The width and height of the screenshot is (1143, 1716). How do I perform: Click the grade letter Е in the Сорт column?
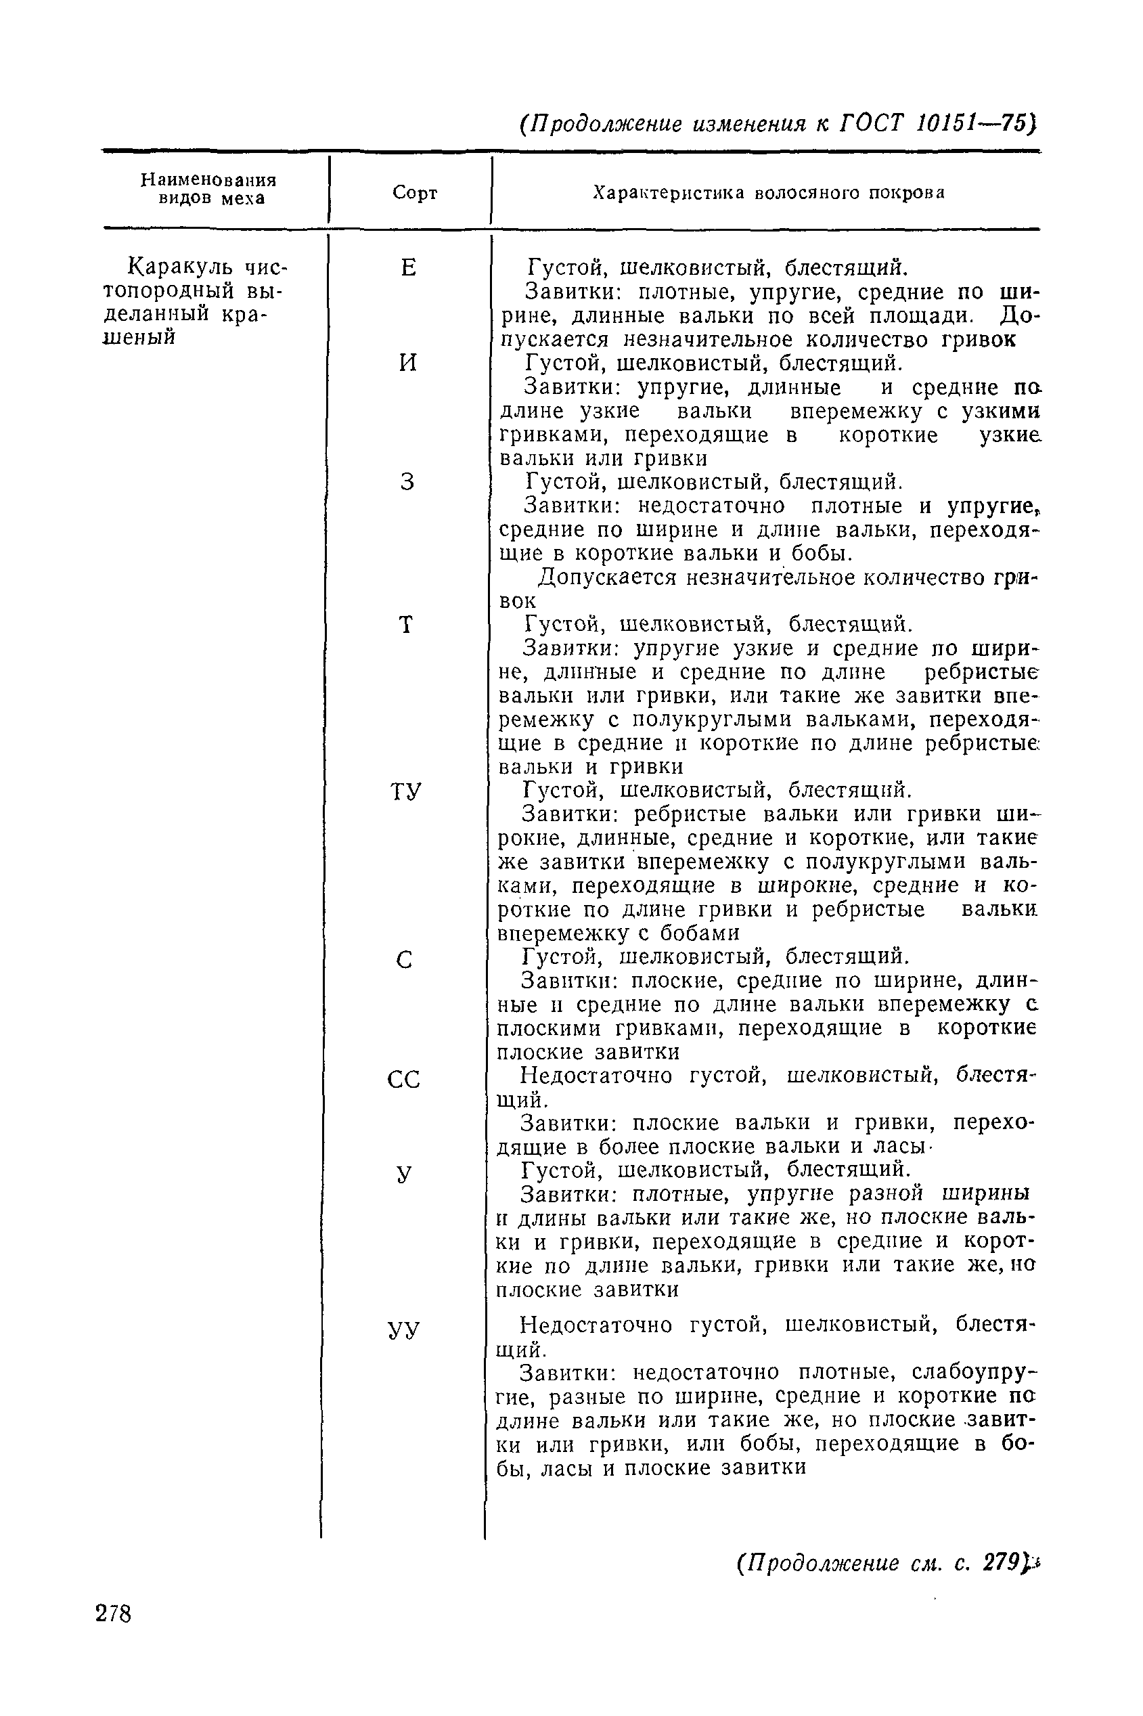click(408, 269)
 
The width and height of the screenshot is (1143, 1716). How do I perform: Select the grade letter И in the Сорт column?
click(408, 363)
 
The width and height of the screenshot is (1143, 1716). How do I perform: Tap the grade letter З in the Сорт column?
click(407, 483)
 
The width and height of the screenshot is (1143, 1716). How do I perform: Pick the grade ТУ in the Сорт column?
click(406, 792)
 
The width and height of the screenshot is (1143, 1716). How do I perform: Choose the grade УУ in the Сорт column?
click(404, 1329)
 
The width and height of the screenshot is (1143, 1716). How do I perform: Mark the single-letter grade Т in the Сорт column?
click(406, 625)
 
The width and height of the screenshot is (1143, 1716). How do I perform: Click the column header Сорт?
click(415, 193)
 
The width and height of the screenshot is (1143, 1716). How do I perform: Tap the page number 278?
click(114, 1614)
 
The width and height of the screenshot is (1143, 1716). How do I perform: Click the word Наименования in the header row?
click(208, 179)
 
